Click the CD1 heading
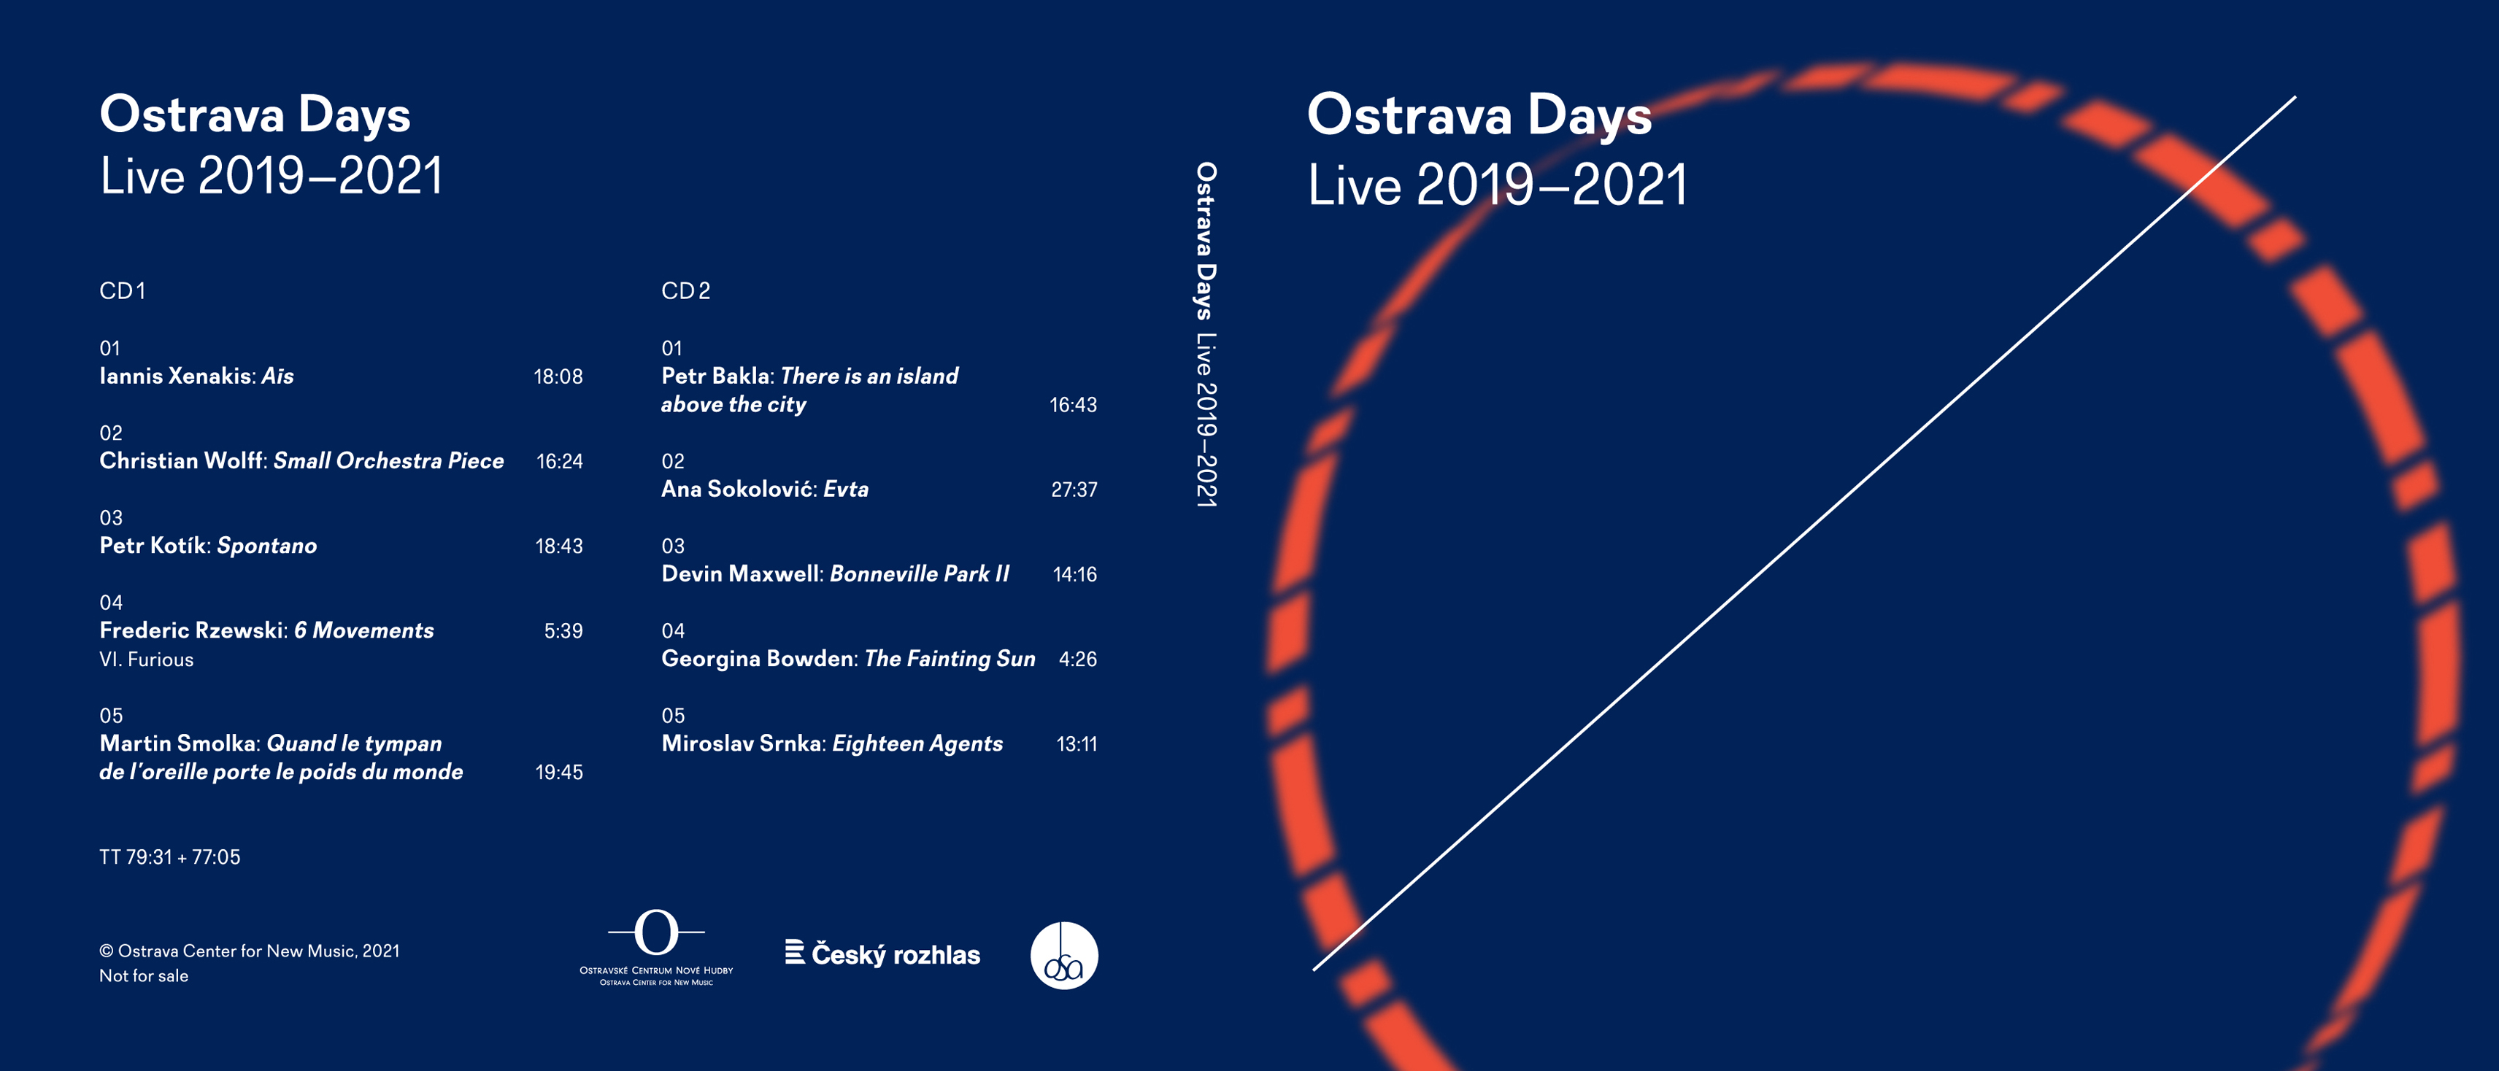(122, 291)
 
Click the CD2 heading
(686, 291)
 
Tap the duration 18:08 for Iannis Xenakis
(558, 376)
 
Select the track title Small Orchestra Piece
(389, 461)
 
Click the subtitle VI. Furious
(147, 660)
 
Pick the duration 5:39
(563, 630)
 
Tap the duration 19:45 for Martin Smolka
(559, 772)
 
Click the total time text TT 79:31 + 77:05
(170, 857)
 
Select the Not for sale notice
(144, 976)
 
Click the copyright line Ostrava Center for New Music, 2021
(250, 951)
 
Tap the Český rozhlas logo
(883, 954)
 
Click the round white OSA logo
(1064, 956)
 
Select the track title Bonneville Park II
(920, 573)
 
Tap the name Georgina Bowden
(758, 659)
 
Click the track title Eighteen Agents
(917, 743)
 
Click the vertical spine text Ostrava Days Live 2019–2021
(1206, 335)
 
